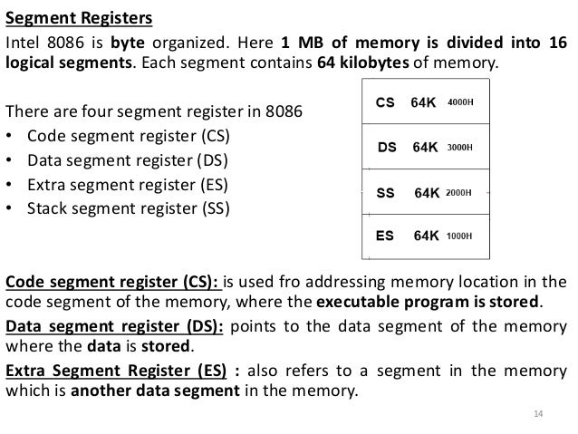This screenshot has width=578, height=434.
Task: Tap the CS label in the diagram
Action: pyautogui.click(x=384, y=102)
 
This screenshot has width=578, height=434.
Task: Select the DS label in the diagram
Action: pyautogui.click(x=386, y=146)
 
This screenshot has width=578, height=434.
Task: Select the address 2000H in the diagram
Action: pyautogui.click(x=460, y=192)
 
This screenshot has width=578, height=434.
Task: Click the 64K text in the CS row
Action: pyautogui.click(x=423, y=102)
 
